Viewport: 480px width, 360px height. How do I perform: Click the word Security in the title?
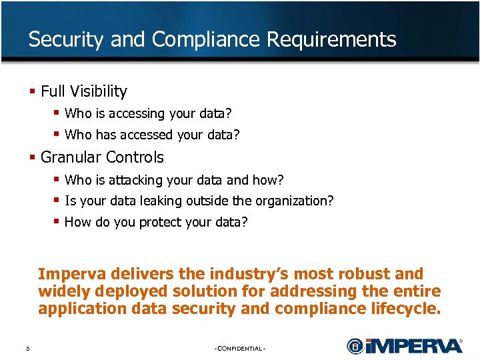pos(66,40)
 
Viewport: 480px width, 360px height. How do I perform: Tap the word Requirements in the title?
pos(331,40)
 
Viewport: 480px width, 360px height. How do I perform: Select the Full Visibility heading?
pos(83,91)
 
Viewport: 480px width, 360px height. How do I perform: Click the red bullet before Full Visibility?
pos(33,91)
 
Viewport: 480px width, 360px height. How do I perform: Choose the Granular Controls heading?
pos(101,157)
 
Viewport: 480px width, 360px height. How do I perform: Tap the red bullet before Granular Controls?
pos(33,157)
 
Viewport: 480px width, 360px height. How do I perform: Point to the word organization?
pos(295,201)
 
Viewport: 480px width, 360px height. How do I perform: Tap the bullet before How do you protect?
pos(57,221)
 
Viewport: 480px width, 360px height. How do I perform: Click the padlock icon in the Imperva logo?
pos(355,346)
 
